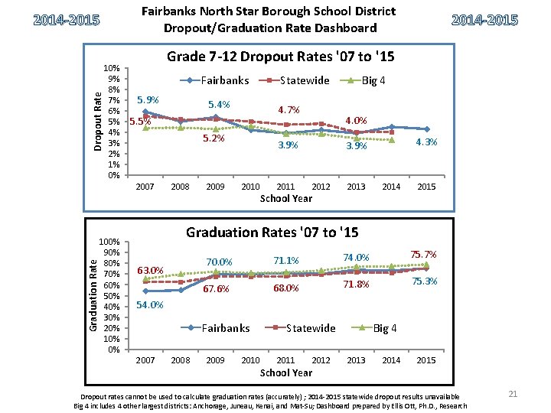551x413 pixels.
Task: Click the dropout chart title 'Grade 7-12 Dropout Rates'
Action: coord(279,57)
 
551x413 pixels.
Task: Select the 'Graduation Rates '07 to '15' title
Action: coord(272,232)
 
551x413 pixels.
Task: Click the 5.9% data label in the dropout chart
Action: coord(147,99)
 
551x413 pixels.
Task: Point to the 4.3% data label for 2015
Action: coord(426,143)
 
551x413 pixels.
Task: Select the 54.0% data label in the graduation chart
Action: coord(149,305)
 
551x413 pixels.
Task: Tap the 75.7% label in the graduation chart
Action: coord(424,254)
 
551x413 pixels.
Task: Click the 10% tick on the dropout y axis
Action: coord(112,68)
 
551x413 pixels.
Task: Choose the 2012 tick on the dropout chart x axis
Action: coord(321,187)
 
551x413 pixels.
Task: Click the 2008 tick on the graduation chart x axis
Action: coord(181,360)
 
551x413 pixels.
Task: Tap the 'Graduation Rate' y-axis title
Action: coord(93,294)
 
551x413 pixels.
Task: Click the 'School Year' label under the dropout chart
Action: coord(286,199)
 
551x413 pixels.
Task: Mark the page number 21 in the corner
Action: coord(514,394)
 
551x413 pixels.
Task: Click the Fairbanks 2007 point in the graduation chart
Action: coord(145,291)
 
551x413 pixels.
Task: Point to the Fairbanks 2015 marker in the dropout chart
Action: coord(426,129)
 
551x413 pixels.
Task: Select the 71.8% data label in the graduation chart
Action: coord(356,285)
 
